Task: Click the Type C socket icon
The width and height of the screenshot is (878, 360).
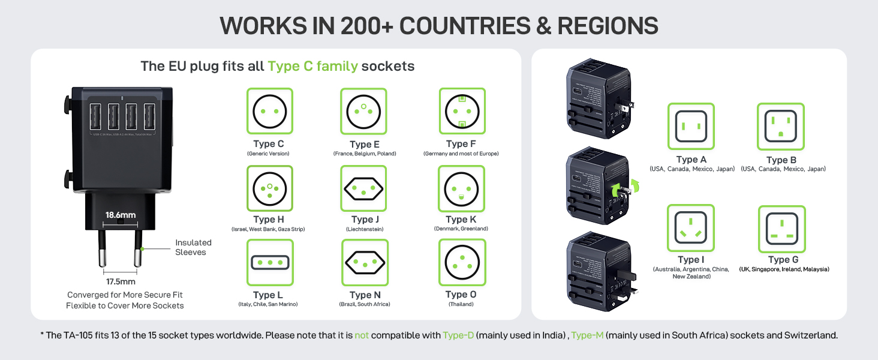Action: point(269,111)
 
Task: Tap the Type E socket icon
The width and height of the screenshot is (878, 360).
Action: point(363,111)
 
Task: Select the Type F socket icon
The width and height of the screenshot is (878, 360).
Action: point(461,111)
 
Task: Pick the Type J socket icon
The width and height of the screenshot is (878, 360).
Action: point(363,188)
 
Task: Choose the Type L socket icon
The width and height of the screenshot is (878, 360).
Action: point(270,263)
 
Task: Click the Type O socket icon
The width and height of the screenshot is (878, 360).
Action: point(462,263)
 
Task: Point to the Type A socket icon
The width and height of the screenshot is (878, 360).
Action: point(691,126)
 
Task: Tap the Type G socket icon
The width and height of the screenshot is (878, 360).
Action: point(781,229)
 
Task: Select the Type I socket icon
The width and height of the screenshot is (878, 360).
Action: point(691,228)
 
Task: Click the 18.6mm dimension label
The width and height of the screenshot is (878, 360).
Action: point(121,215)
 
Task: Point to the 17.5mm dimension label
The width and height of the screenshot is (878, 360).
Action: point(120,281)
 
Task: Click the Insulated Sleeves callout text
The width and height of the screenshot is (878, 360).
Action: point(193,247)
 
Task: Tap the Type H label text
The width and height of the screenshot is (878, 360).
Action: point(268,220)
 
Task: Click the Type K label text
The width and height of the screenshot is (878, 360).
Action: point(461,220)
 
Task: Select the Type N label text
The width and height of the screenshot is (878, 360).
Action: point(365,295)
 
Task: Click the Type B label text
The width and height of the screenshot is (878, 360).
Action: point(781,160)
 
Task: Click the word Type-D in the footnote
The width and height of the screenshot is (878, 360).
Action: point(458,335)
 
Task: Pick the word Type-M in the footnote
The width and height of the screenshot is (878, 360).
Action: point(587,335)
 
